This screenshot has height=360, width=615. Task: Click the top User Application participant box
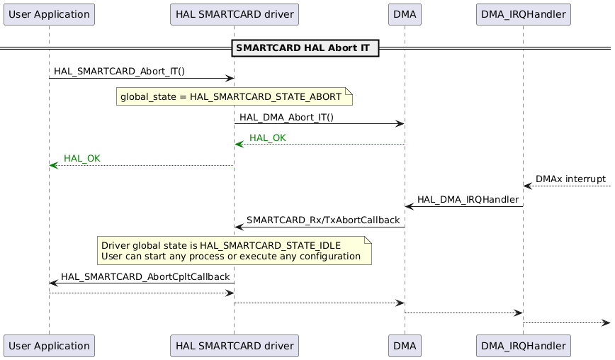click(x=49, y=13)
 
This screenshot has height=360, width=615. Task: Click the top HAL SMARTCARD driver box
click(x=235, y=13)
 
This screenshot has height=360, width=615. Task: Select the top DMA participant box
click(x=405, y=13)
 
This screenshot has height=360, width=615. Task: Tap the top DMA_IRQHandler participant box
click(x=523, y=13)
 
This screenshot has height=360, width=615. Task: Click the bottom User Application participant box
click(x=49, y=346)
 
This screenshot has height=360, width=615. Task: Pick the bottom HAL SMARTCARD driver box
click(x=235, y=346)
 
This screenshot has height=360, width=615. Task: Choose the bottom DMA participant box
click(x=405, y=346)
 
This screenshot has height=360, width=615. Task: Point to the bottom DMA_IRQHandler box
click(x=523, y=346)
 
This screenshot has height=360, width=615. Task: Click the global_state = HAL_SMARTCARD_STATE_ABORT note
click(x=234, y=96)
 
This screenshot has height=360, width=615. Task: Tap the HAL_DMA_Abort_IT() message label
click(x=286, y=117)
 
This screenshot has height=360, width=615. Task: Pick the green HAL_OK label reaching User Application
click(x=82, y=158)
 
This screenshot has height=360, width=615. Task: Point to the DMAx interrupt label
click(x=570, y=179)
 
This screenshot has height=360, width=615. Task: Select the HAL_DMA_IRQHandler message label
click(x=468, y=200)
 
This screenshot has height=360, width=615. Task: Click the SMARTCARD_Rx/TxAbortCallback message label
click(x=322, y=220)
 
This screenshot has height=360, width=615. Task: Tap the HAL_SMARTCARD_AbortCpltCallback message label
click(x=145, y=276)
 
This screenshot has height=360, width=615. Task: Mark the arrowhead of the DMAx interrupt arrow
click(x=527, y=186)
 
